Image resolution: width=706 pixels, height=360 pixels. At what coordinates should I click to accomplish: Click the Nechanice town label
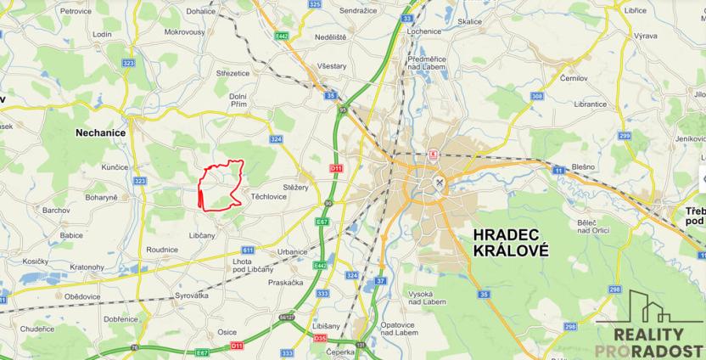pyautogui.click(x=101, y=132)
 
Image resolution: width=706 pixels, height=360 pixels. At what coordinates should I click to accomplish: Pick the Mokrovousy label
pyautogui.click(x=184, y=31)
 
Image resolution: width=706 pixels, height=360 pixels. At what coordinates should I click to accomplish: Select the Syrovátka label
pyautogui.click(x=191, y=295)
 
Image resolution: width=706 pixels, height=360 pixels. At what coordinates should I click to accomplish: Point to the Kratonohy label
pyautogui.click(x=87, y=267)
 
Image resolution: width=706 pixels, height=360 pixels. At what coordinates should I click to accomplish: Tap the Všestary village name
pyautogui.click(x=329, y=65)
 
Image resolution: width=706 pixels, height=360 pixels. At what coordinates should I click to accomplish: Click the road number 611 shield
pyautogui.click(x=248, y=250)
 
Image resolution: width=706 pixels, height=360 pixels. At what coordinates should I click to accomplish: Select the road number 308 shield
pyautogui.click(x=536, y=97)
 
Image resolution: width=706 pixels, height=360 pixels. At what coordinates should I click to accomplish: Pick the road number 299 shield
pyautogui.click(x=625, y=136)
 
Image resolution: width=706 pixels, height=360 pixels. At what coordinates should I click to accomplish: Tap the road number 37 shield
pyautogui.click(x=381, y=280)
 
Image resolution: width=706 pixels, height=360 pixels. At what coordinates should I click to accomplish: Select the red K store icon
pyautogui.click(x=434, y=155)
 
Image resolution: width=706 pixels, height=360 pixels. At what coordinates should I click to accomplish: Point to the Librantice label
pyautogui.click(x=591, y=104)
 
